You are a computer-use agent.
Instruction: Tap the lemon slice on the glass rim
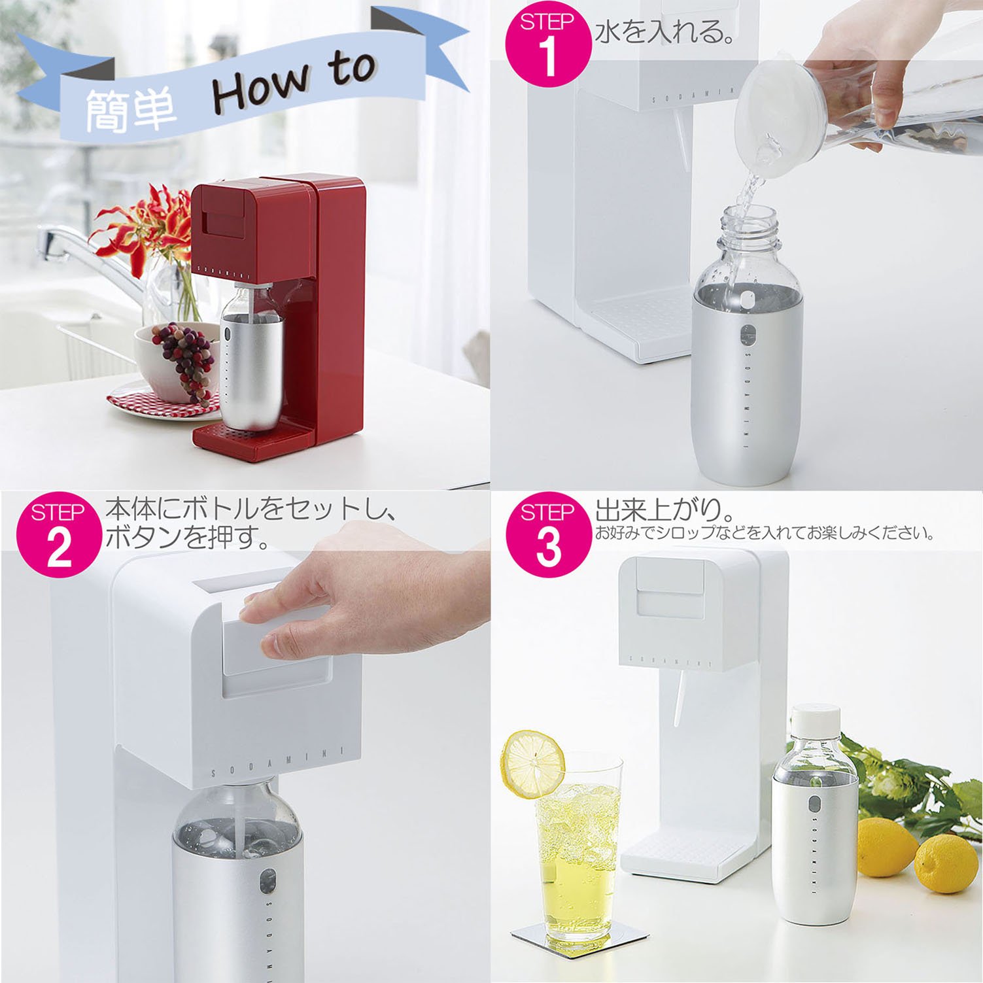tap(532, 764)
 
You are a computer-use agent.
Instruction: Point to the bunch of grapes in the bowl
tap(186, 356)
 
